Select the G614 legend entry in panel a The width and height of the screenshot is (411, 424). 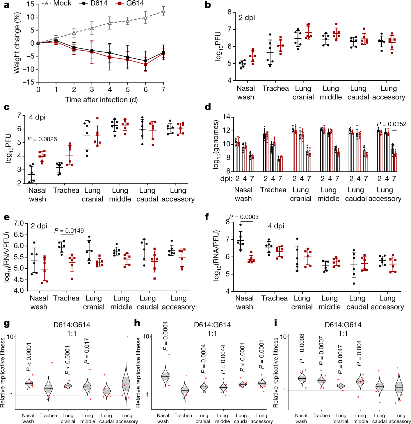[x=130, y=3]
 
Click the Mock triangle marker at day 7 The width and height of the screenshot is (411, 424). [x=163, y=12]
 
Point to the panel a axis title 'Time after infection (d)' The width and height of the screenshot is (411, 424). [x=101, y=100]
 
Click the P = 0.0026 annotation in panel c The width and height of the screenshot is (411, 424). [x=42, y=139]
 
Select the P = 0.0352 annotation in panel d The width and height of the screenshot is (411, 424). [x=392, y=124]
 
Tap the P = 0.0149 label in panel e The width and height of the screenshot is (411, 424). [x=69, y=231]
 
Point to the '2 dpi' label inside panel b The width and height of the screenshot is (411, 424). [x=247, y=18]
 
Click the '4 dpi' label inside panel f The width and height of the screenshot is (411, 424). [x=276, y=226]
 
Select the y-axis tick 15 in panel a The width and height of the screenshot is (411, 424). [x=30, y=4]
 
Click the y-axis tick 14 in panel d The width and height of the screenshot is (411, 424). [x=226, y=117]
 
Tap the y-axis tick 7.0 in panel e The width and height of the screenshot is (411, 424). [x=19, y=223]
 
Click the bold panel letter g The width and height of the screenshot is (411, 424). [x=6, y=323]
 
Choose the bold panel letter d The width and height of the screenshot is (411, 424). [x=208, y=107]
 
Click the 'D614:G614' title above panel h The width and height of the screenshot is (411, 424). [x=212, y=325]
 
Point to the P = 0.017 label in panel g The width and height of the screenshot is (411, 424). [x=87, y=351]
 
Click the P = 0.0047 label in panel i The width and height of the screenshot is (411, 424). [x=340, y=360]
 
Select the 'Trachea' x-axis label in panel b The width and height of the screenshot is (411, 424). [x=275, y=89]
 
